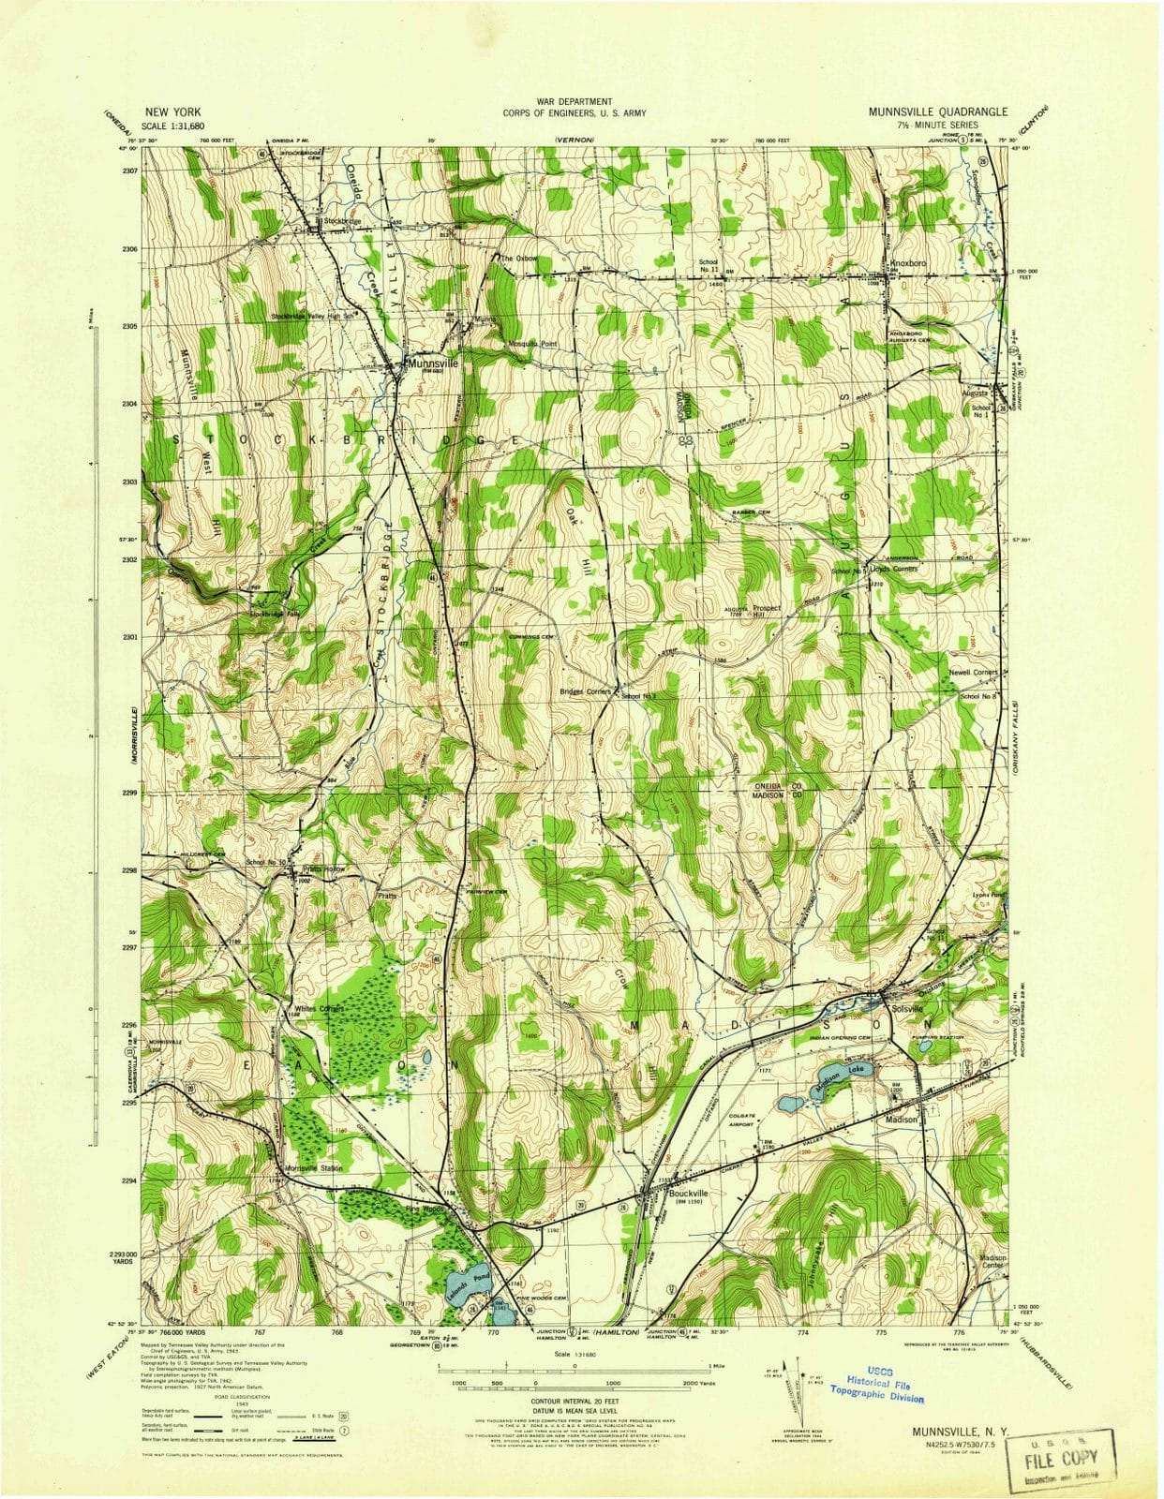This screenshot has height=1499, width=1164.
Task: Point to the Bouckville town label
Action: click(x=689, y=1193)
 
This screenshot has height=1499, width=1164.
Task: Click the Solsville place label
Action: click(x=908, y=1009)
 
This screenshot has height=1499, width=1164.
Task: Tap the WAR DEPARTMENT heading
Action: click(x=575, y=100)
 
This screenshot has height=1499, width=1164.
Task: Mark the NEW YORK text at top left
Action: click(x=173, y=111)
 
